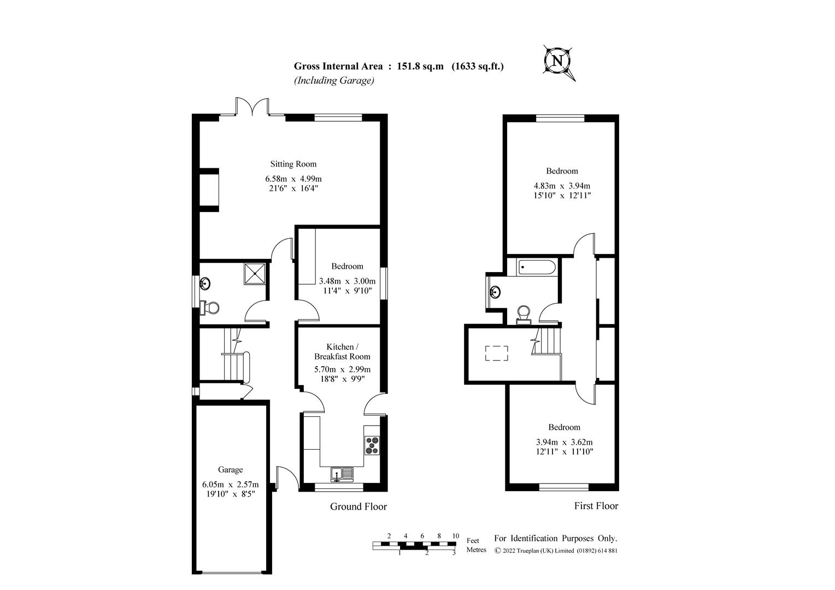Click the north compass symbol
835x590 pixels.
558,61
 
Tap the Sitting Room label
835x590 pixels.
293,164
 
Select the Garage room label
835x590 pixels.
230,470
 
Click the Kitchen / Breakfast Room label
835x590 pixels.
342,352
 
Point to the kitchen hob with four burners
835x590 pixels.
372,445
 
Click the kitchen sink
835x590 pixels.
342,473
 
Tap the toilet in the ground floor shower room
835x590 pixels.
210,308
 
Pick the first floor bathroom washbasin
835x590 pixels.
496,292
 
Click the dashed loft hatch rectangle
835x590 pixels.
497,353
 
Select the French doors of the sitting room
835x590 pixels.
252,107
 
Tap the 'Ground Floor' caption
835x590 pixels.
358,506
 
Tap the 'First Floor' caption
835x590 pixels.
596,506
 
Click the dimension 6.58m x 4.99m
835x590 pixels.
293,179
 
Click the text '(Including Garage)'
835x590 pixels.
334,80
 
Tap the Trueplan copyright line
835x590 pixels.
556,551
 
